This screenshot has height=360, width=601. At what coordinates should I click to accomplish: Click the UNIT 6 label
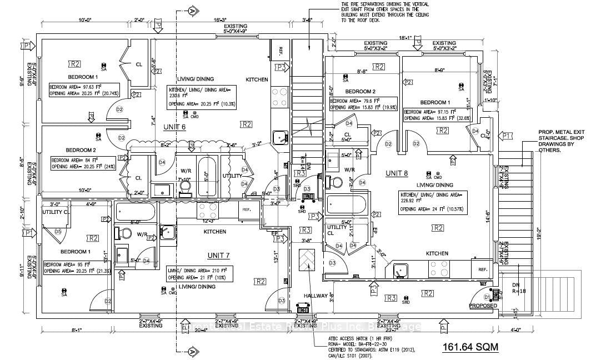pos(174,127)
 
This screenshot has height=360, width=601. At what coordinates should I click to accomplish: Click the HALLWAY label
pos(316,296)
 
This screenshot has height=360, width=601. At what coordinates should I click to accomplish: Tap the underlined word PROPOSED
pos(483,306)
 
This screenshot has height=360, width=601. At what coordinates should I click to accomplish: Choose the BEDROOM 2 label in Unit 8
pos(360,91)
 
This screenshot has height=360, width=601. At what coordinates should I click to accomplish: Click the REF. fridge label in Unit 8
pos(482,270)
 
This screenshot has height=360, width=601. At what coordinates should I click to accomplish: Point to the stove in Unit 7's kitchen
pos(208,210)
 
